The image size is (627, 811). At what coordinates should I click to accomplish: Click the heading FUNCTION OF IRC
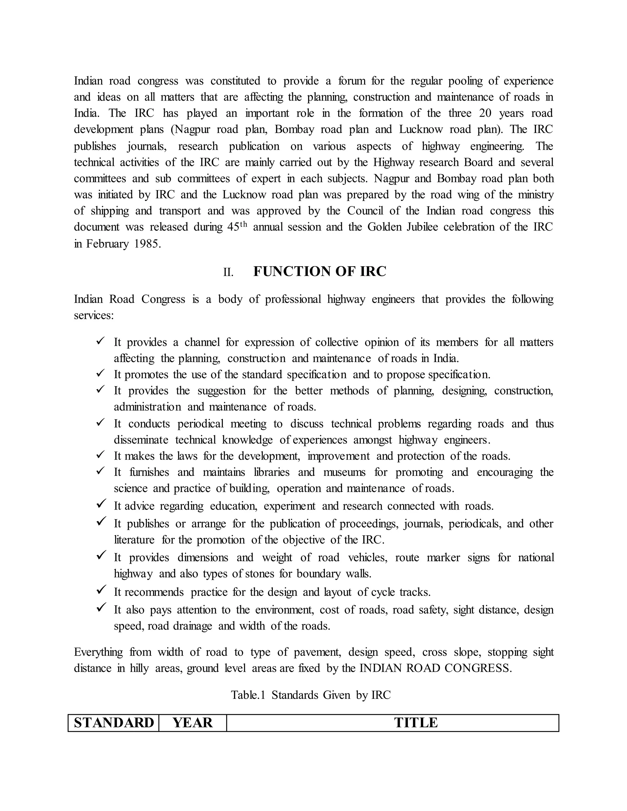click(x=319, y=271)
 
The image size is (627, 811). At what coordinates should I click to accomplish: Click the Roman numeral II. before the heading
click(x=228, y=273)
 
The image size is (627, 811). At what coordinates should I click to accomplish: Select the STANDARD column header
click(x=114, y=723)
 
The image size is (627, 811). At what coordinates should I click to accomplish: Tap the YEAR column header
click(x=192, y=723)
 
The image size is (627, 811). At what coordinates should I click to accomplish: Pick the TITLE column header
click(x=416, y=723)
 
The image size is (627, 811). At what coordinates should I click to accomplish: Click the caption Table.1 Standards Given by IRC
click(x=311, y=695)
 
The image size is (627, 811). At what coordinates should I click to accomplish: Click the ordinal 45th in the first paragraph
click(x=237, y=227)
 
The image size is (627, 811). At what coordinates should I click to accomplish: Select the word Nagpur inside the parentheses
click(x=192, y=129)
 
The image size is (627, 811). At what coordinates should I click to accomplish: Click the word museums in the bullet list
click(x=344, y=472)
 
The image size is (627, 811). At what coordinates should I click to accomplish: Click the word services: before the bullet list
click(x=94, y=316)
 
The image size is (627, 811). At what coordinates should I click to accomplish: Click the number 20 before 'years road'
click(x=486, y=113)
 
